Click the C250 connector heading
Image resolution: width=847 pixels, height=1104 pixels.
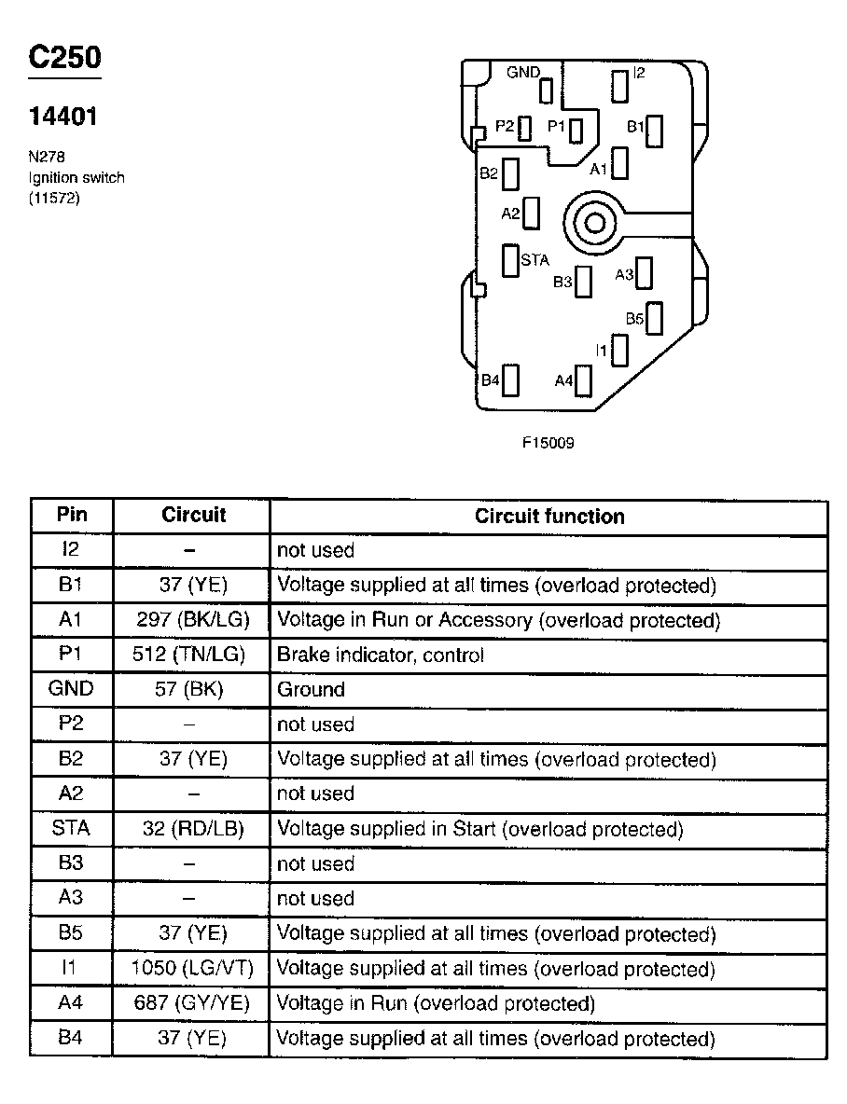pos(64,57)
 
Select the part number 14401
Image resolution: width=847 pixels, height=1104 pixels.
pos(63,117)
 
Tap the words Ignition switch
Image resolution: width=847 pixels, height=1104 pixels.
pos(76,177)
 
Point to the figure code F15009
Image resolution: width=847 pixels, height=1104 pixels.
pos(548,443)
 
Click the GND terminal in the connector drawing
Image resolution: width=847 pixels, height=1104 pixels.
pos(547,90)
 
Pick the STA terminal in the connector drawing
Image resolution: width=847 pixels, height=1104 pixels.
pos(510,260)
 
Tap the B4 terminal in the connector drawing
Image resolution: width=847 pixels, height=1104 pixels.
pos(510,380)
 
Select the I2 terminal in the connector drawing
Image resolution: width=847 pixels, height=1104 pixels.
pos(620,85)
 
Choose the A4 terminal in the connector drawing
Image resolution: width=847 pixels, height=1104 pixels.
pos(585,380)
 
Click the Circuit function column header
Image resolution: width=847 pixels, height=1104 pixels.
pos(549,516)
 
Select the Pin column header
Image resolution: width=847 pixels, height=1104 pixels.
pos(72,515)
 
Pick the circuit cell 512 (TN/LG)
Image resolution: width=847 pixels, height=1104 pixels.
pos(190,655)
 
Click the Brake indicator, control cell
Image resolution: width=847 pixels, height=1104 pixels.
pos(381,655)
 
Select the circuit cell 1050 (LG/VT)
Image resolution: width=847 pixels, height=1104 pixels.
pos(192,969)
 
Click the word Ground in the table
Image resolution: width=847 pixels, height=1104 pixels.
pos(311,690)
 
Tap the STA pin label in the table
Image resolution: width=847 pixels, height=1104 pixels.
pos(71,829)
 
